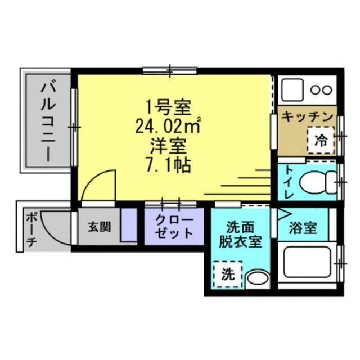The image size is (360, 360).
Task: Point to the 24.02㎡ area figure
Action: click(x=169, y=125)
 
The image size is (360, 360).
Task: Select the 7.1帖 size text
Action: click(x=169, y=165)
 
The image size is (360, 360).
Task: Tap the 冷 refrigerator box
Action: click(x=321, y=140)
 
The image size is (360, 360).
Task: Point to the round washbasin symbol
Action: click(x=257, y=278)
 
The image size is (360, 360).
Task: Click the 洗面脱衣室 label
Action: click(x=240, y=235)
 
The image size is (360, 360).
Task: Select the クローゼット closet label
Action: click(x=174, y=227)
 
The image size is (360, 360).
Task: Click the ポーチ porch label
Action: click(x=31, y=230)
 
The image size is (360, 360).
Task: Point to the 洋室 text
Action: click(x=168, y=146)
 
